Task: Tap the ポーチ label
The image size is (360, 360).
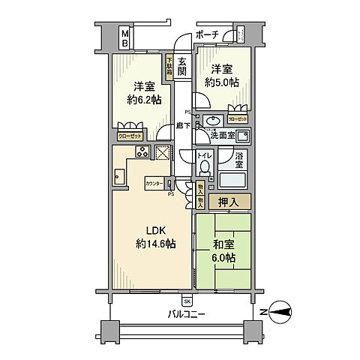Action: point(207,34)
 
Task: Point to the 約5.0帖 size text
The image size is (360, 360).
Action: point(219,83)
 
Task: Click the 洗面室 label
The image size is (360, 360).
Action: point(221,136)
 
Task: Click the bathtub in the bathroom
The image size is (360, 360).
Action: point(233,181)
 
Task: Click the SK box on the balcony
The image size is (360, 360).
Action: point(186,301)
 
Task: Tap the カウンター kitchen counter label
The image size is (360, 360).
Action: point(154,182)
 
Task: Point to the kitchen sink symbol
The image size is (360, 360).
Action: point(120,177)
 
